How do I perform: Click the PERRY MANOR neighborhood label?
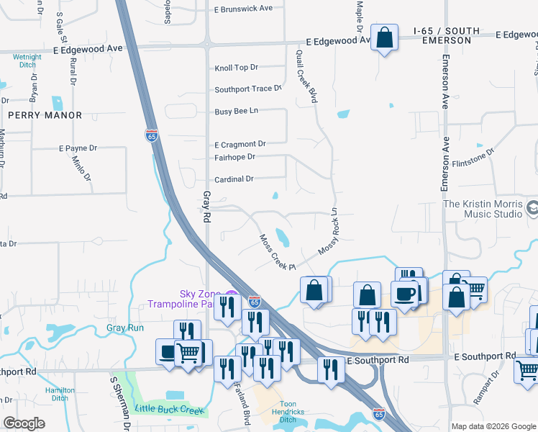click(x=45, y=115)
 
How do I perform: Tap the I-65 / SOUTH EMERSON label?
click(x=442, y=36)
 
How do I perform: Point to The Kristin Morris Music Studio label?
click(x=483, y=209)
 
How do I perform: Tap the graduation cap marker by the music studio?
click(x=532, y=209)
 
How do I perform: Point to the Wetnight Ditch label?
click(x=27, y=60)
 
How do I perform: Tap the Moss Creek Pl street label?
click(x=278, y=252)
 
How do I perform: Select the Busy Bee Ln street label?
click(x=236, y=112)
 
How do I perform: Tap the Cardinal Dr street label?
click(x=234, y=179)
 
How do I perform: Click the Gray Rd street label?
click(x=206, y=207)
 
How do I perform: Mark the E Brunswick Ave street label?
click(x=243, y=9)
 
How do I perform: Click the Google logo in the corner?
click(x=24, y=423)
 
